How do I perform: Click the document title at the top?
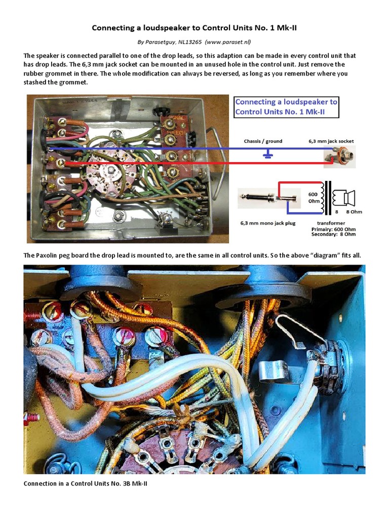[194, 28]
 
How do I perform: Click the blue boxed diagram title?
[286, 107]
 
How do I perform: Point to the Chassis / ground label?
[263, 141]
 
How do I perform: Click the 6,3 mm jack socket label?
[331, 141]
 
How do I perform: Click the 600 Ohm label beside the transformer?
[314, 197]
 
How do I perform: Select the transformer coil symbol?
[329, 197]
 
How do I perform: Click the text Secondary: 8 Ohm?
[333, 234]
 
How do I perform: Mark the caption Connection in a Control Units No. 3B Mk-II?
[86, 484]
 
